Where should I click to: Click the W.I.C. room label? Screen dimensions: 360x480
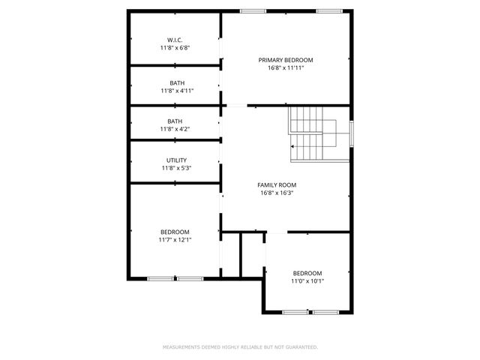pos(175,40)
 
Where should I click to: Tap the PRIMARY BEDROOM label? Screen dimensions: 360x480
pos(286,60)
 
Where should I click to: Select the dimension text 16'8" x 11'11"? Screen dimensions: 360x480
pos(286,67)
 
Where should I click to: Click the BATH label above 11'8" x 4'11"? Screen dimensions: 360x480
pos(177,83)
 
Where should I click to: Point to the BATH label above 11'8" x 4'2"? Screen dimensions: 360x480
pos(175,121)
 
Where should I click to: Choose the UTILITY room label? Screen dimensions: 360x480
pos(177,160)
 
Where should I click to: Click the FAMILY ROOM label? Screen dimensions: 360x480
pos(277,185)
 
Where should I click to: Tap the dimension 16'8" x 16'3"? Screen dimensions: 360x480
pos(277,193)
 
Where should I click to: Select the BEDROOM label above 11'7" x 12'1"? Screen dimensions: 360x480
pos(175,232)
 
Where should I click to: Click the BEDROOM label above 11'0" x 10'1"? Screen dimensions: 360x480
pos(307,273)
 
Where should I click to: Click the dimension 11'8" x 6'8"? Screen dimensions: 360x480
pos(175,47)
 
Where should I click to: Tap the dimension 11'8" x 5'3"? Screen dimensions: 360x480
pos(177,168)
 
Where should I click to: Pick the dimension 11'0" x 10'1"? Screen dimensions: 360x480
pos(307,281)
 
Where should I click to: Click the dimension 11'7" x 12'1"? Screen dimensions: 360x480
pos(175,240)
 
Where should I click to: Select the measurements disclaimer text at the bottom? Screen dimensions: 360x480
pos(240,347)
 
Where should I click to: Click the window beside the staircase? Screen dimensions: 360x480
pos(352,132)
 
